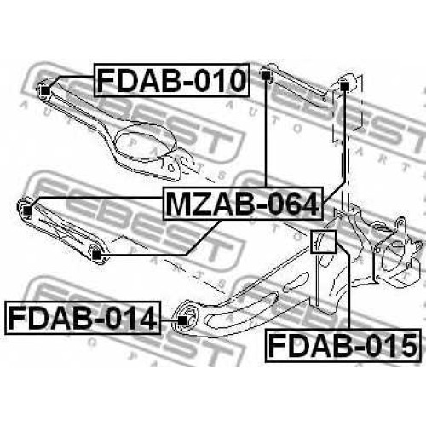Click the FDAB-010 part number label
pos(172,80)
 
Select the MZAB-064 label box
pos(243,204)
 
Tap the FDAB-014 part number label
pos(83,318)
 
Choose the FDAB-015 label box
pos(343,346)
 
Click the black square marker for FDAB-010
pos(45,91)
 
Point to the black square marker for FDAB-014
pos(182,320)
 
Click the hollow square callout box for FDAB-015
pos(323,242)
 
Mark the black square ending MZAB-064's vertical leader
pos(265,75)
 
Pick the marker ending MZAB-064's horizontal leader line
pos(27,210)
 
